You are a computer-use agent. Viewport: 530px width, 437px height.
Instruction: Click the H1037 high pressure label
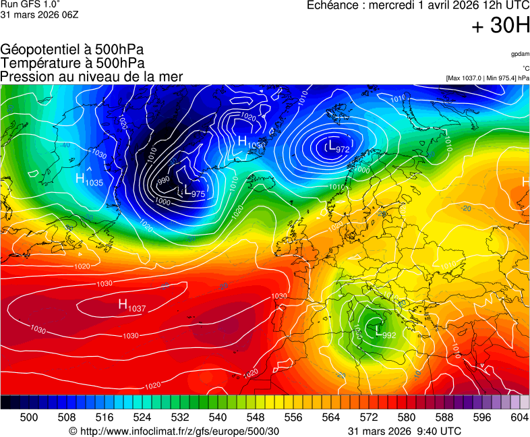(132, 305)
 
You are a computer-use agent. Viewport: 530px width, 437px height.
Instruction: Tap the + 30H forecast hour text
(500, 26)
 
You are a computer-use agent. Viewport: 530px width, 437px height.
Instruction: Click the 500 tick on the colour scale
(28, 418)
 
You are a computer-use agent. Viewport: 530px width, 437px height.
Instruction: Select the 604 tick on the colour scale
(519, 418)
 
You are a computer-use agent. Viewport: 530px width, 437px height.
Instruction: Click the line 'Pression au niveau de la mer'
(92, 76)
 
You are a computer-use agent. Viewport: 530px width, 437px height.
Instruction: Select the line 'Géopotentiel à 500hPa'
(72, 50)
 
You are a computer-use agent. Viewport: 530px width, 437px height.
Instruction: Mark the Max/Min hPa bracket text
(487, 78)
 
